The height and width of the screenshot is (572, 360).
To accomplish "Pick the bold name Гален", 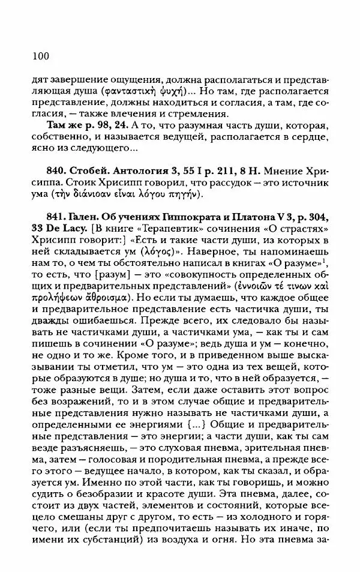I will point(89,218).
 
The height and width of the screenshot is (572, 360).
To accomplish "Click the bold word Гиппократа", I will point(203,218).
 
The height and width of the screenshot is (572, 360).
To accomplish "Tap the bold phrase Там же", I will point(64,124).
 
